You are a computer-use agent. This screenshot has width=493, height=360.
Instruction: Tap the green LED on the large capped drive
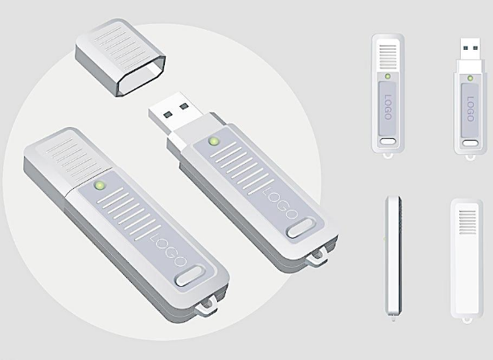[x=100, y=186]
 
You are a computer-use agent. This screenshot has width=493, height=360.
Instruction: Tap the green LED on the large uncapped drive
[x=214, y=141]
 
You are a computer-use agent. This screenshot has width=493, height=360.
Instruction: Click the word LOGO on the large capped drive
[x=169, y=252]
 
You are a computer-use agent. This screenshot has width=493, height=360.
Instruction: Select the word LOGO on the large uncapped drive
[x=280, y=203]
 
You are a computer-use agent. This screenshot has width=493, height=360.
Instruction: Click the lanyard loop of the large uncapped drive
[x=317, y=257]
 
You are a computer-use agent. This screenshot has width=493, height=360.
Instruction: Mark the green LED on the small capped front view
[x=388, y=76]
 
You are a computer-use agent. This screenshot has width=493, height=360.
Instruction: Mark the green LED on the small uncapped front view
[x=470, y=78]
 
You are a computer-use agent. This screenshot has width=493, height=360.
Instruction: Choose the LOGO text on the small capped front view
[x=388, y=107]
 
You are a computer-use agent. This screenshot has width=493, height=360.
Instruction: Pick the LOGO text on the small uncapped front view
[x=470, y=109]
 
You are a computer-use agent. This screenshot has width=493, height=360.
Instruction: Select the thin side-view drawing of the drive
[x=393, y=256]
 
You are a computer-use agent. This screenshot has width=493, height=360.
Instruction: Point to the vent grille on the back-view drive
[x=467, y=222]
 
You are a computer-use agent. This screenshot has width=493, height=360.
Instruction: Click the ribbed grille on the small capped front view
[x=388, y=57]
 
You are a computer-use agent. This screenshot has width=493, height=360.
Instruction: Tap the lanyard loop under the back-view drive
[x=467, y=321]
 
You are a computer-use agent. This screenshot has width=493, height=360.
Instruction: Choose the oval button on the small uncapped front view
[x=470, y=143]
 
